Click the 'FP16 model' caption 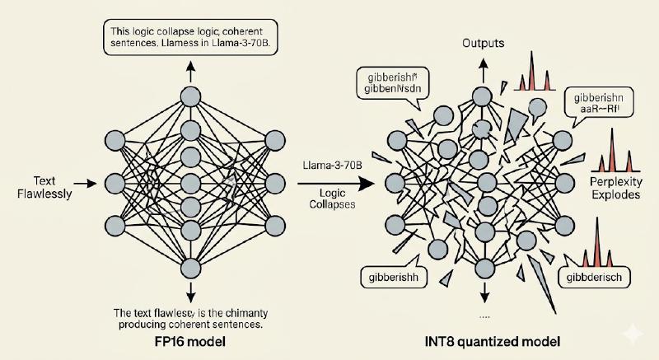click(190, 341)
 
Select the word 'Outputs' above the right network click(483, 42)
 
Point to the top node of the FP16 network click(190, 95)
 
